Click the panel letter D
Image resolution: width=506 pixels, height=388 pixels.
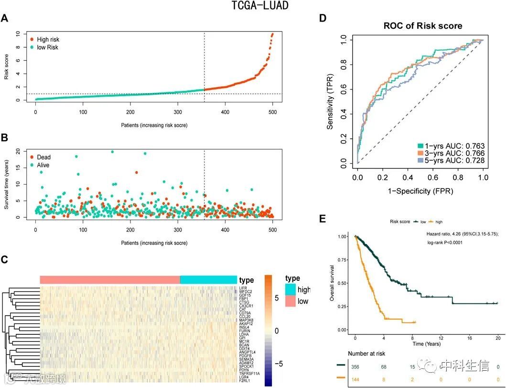pyautogui.click(x=323, y=18)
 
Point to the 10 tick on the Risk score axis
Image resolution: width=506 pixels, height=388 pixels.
pyautogui.click(x=18, y=34)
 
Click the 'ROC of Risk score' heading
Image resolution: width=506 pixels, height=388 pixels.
pyautogui.click(x=422, y=26)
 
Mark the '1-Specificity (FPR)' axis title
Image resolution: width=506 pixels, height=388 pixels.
pyautogui.click(x=420, y=190)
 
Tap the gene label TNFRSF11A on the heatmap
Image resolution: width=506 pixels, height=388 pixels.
pyautogui.click(x=248, y=373)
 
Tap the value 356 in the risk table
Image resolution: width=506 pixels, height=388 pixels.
pyautogui.click(x=355, y=367)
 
